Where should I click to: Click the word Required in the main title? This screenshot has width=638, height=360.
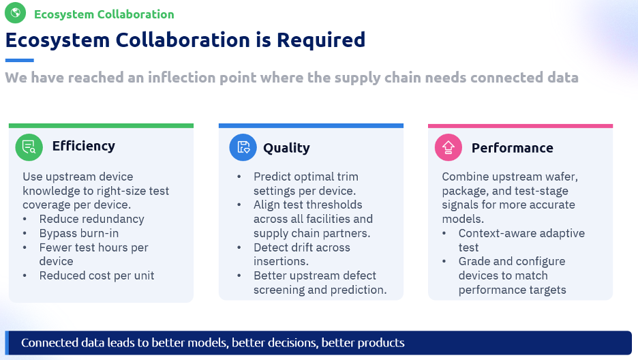pyautogui.click(x=321, y=40)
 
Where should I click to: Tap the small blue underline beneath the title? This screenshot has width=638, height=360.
pyautogui.click(x=20, y=60)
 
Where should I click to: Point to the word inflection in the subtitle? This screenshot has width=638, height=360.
pyautogui.click(x=181, y=77)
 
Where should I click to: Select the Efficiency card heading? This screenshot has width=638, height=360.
pyautogui.click(x=83, y=146)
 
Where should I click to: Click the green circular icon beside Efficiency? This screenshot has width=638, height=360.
pyautogui.click(x=29, y=147)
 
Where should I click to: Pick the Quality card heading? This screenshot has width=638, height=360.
pyautogui.click(x=286, y=148)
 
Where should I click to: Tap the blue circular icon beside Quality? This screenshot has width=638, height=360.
pyautogui.click(x=243, y=147)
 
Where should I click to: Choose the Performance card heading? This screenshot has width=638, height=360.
pyautogui.click(x=513, y=148)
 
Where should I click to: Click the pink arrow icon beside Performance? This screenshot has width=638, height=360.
pyautogui.click(x=449, y=147)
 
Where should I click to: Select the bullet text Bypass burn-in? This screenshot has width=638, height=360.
pyautogui.click(x=79, y=233)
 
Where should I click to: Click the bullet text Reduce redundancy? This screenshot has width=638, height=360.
pyautogui.click(x=91, y=219)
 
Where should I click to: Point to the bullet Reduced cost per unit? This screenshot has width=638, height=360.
pyautogui.click(x=96, y=275)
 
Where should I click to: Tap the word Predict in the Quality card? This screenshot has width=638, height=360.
pyautogui.click(x=272, y=177)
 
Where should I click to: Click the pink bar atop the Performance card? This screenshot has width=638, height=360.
pyautogui.click(x=520, y=126)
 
